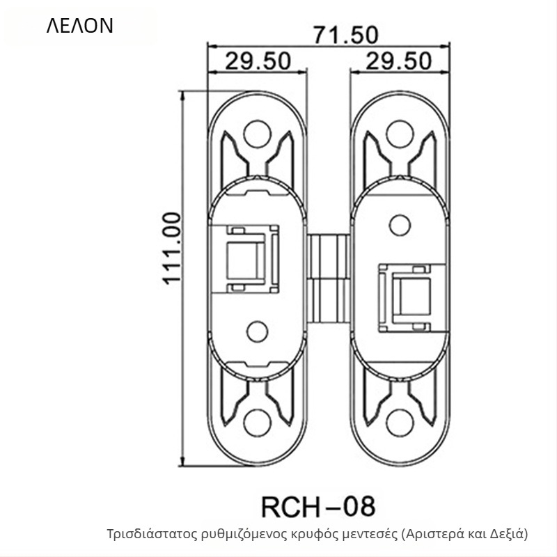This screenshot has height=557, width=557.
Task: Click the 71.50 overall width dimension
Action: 345,36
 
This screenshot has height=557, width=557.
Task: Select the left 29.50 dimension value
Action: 258,61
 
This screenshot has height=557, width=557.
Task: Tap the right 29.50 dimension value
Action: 398,61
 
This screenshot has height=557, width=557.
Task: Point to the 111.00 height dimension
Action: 172,249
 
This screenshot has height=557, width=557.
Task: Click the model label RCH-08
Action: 318,507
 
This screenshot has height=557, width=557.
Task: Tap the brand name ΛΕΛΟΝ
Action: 80,26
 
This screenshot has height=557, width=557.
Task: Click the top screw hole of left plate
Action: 258,134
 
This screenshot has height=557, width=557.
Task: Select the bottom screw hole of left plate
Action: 258,423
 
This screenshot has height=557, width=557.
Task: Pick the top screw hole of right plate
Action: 400,134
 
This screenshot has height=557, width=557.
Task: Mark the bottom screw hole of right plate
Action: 400,423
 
